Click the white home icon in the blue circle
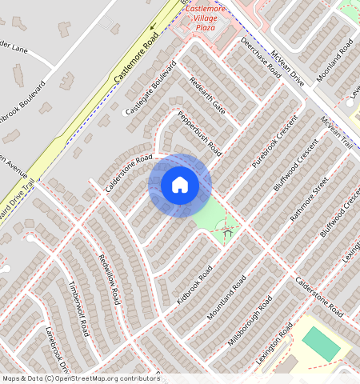(180, 185)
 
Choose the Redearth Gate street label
(206, 95)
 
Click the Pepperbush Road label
(199, 132)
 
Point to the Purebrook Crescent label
(274, 145)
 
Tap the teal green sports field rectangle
(321, 343)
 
